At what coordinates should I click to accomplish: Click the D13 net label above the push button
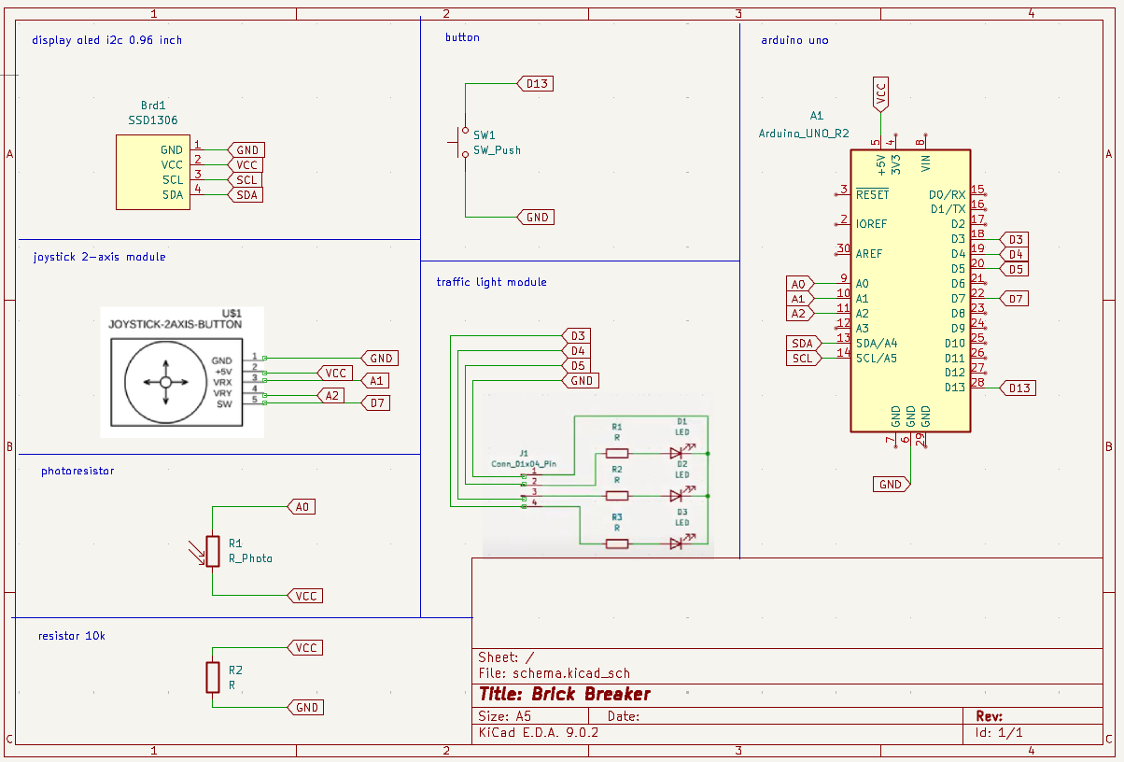[x=537, y=83]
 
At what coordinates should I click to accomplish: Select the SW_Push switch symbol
[x=464, y=143]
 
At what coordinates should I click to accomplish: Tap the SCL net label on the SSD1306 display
[x=246, y=179]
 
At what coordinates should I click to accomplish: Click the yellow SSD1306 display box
[x=153, y=172]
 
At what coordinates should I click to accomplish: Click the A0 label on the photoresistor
[x=302, y=506]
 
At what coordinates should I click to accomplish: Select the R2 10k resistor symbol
[x=212, y=677]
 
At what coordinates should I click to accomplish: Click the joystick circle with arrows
[x=165, y=381]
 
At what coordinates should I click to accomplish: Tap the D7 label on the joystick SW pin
[x=376, y=403]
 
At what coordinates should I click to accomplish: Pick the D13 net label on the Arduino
[x=1019, y=388]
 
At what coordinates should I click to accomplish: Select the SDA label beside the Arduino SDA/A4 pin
[x=802, y=344]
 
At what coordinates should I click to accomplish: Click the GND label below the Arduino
[x=891, y=484]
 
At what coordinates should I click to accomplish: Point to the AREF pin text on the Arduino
[x=870, y=254]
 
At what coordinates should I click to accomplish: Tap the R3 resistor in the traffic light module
[x=617, y=543]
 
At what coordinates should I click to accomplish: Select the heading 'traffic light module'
[x=491, y=281]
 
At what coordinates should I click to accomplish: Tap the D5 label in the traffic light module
[x=578, y=365]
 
